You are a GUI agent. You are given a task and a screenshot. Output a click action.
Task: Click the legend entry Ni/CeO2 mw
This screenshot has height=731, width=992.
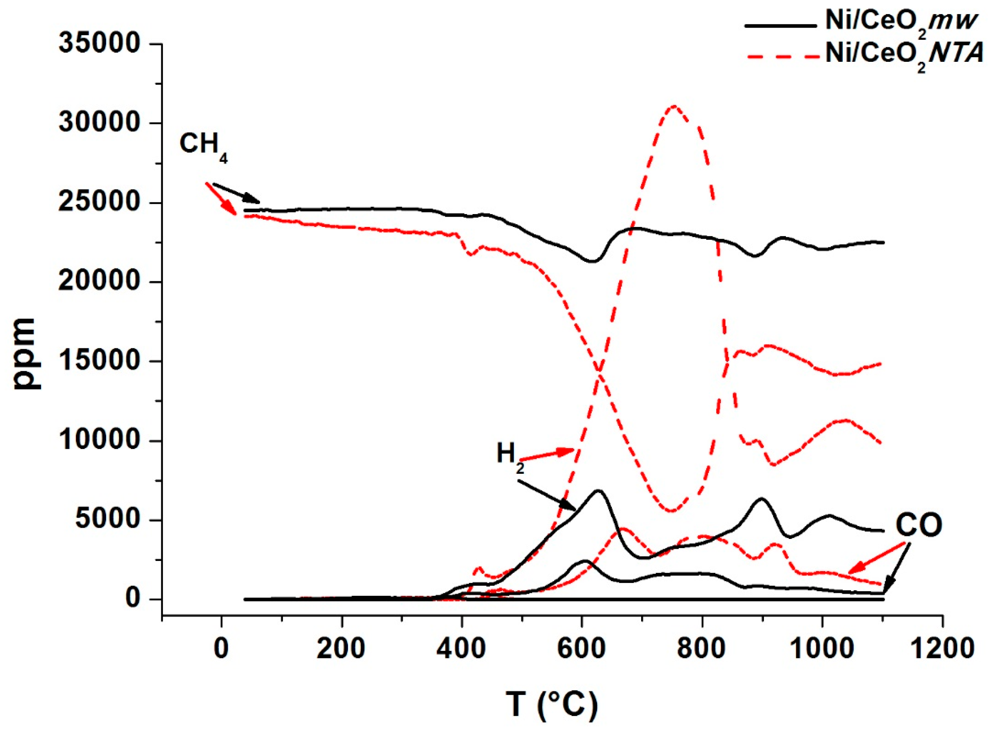pos(898,23)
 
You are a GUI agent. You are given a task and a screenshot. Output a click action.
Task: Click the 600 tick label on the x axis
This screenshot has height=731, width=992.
pos(581,649)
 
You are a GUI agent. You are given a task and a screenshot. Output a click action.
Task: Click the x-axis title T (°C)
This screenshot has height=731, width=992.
pos(552,704)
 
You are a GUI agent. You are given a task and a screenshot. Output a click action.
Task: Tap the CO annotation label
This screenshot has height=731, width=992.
pos(918,525)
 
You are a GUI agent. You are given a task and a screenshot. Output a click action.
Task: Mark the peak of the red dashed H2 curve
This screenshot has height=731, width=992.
pos(673,106)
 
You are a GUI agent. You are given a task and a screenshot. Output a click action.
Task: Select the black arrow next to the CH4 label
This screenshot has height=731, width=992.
pos(237,193)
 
